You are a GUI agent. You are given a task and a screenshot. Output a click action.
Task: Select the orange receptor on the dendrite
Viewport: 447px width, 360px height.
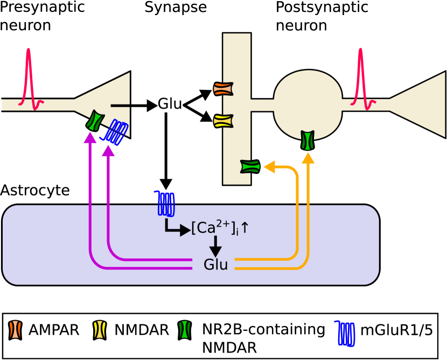coord(223,89)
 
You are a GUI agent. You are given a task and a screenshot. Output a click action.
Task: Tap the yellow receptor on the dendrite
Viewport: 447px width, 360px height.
coord(223,121)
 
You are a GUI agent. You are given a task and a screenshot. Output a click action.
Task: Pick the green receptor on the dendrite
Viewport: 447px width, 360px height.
coord(250,167)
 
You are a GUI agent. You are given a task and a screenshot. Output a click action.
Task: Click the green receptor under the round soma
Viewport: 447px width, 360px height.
coord(308,140)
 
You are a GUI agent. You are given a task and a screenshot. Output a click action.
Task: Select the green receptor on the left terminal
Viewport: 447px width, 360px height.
coord(95,121)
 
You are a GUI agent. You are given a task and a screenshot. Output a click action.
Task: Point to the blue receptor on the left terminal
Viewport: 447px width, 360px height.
coord(117,132)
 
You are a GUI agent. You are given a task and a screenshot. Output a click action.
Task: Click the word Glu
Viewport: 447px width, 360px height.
coord(215,265)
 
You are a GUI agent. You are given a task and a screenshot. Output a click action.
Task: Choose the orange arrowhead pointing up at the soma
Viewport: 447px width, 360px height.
coord(308,158)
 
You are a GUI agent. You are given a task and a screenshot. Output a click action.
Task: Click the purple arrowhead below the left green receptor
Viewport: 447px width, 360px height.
coord(90,138)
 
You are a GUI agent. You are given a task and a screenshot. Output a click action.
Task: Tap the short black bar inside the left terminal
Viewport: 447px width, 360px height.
coord(120,105)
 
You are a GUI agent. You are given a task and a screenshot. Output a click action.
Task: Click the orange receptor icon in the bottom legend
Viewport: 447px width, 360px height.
coord(15,329)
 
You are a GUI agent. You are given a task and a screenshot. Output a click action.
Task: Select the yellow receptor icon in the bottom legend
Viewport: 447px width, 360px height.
coord(100,329)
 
